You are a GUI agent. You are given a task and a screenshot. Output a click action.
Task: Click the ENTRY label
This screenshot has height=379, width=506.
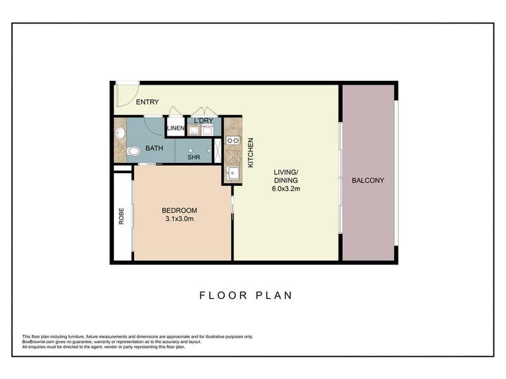pos(147,102)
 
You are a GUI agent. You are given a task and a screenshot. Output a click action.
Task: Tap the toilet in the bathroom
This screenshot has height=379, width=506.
pos(133,150)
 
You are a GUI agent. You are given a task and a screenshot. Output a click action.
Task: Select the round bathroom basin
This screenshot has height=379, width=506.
pos(120,133)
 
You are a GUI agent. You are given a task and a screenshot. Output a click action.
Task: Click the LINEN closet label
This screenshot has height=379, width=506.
pos(176,128)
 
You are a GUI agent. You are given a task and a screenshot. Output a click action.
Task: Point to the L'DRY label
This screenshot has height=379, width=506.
pos(204,121)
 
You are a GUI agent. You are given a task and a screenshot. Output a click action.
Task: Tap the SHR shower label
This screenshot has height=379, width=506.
pos(194,157)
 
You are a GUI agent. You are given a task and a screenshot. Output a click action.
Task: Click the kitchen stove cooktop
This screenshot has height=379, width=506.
pos(233,140)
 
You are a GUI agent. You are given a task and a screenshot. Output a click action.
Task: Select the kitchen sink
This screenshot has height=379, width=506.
pos(233,173)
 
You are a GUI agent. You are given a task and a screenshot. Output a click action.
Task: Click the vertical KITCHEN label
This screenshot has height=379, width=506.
pos(250,153)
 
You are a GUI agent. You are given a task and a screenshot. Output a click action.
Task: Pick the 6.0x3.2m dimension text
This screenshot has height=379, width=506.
pos(286,189)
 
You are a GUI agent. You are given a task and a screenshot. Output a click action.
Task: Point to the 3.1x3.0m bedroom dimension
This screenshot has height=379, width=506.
pos(180,219)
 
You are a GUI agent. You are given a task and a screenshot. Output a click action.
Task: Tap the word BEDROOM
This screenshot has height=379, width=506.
pos(180,210)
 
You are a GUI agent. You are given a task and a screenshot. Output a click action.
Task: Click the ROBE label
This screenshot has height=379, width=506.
pos(121,216)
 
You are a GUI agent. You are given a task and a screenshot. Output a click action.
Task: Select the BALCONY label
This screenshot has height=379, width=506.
pos(368,181)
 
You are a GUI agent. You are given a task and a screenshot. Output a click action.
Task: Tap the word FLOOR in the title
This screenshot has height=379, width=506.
pos(223,296)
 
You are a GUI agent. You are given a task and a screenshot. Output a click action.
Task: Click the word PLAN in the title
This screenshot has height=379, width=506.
pos(275,296)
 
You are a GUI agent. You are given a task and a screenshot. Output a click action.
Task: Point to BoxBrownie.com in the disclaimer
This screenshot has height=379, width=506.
pos(37,342)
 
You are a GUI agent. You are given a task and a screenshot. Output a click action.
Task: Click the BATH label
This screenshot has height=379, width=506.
pos(154,148)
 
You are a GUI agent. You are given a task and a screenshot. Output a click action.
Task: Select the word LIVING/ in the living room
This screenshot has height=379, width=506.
pos(286,172)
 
